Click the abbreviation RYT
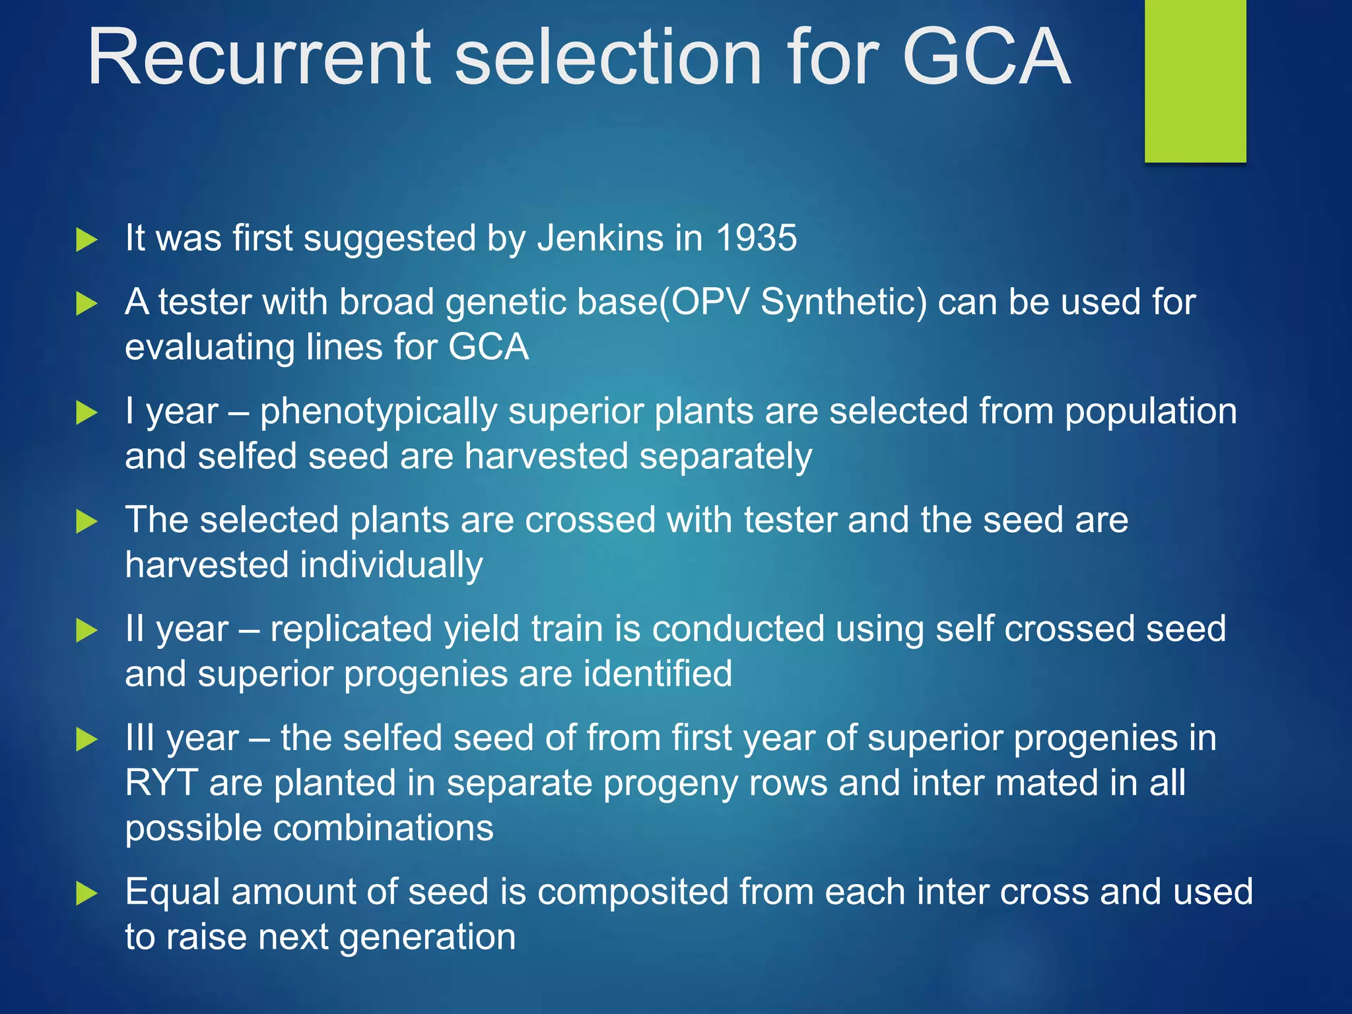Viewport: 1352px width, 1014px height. click(161, 783)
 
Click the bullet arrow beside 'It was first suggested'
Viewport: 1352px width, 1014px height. click(86, 239)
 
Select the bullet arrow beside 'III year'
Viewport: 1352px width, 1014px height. click(86, 739)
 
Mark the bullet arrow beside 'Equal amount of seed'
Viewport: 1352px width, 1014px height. click(86, 893)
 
